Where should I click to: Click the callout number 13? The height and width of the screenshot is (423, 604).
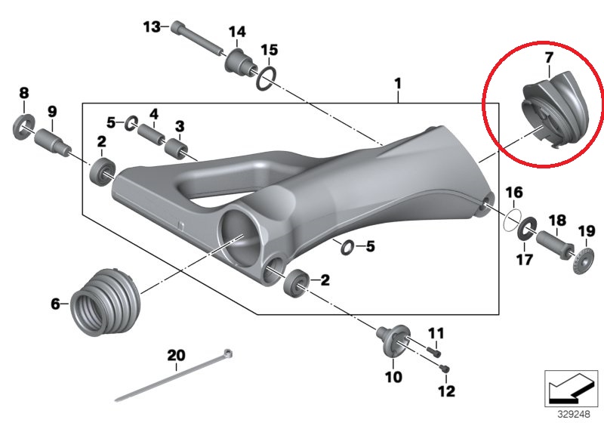(x=152, y=27)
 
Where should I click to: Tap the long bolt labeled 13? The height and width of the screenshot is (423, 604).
(x=196, y=39)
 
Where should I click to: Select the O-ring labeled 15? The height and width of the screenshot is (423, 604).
(x=267, y=79)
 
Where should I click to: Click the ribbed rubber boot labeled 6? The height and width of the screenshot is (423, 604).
(x=105, y=301)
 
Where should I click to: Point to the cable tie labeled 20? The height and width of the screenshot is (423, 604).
(x=174, y=375)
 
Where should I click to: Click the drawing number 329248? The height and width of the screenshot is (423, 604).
(x=574, y=414)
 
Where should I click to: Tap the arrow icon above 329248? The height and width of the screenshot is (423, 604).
(x=571, y=389)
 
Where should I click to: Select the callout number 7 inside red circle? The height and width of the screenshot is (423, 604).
(x=549, y=57)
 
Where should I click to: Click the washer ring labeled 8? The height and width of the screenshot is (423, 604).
(x=24, y=127)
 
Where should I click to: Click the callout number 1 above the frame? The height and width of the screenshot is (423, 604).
(x=398, y=84)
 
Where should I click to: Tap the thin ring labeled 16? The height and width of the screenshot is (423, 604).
(x=513, y=221)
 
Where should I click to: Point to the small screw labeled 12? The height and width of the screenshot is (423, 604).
(x=445, y=369)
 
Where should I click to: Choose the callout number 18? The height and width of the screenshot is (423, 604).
(x=557, y=221)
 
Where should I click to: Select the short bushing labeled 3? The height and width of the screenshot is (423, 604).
(x=177, y=147)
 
